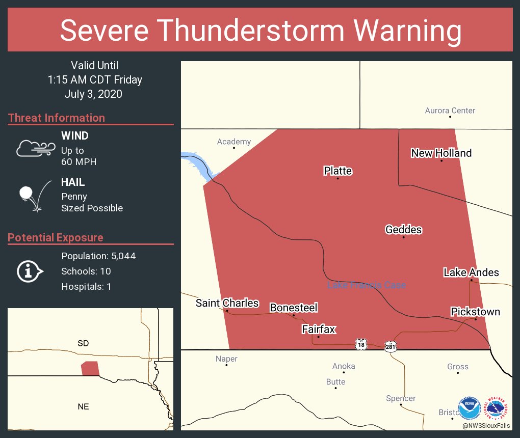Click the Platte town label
tap(337, 171)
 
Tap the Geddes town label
tap(403, 230)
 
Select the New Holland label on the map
tap(441, 153)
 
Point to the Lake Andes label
tap(471, 272)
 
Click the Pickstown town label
tap(475, 312)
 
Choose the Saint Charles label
tap(227, 303)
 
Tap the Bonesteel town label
tap(294, 308)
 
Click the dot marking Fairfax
tap(319, 337)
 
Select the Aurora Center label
tap(450, 111)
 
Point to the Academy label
tap(234, 142)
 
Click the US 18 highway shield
tap(361, 345)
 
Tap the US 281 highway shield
tap(391, 346)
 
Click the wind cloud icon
tap(35, 148)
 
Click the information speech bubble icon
tap(30, 271)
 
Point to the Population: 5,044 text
tap(98, 256)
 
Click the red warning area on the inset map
tap(90, 368)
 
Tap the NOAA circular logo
tap(469, 408)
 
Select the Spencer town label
tap(401, 398)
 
